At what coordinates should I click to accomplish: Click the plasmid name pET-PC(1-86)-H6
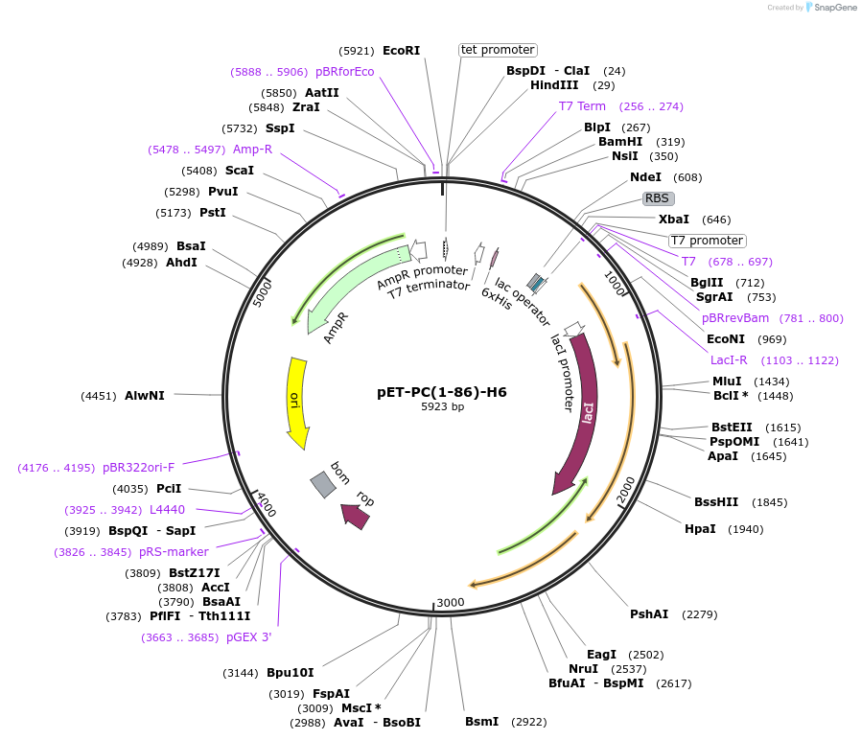coord(442,392)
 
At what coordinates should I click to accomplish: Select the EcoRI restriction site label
coord(401,50)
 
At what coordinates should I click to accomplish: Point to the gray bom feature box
coord(323,485)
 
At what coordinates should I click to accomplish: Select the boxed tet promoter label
coord(498,50)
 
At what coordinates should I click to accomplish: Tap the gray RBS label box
coord(658,198)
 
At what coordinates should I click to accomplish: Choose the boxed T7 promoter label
coord(707,241)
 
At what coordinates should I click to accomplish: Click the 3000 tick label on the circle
coord(450,602)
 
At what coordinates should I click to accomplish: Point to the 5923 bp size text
coord(442,407)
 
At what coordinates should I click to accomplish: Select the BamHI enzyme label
coord(620,142)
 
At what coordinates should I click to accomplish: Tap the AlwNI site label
coord(145,395)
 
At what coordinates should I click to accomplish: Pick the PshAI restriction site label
coord(649,614)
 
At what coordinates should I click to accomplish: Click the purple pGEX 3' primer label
coord(249,636)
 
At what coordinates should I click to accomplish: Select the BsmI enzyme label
coord(481,722)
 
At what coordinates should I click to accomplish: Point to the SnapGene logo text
coord(832,8)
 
